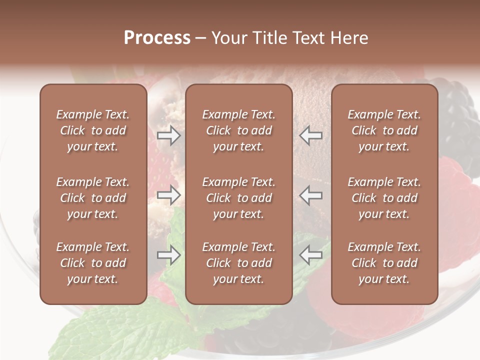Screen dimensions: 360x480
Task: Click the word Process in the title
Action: (157, 38)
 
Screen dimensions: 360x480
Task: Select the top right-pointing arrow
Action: (169, 135)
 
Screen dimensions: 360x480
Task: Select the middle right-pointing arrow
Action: (169, 195)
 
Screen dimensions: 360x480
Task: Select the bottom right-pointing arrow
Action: (169, 255)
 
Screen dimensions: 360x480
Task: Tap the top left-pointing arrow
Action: (311, 135)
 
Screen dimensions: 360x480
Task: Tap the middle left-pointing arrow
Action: (311, 195)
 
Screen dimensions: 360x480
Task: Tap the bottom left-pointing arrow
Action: (311, 255)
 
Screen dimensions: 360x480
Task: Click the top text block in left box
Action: (93, 130)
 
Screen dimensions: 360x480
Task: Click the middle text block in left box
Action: (93, 198)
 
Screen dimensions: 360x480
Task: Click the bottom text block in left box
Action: (93, 263)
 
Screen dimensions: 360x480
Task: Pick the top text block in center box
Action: (238, 130)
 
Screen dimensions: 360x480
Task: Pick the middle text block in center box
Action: (238, 198)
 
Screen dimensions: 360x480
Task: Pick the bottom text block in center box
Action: (238, 263)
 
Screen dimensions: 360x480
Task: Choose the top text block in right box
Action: (384, 130)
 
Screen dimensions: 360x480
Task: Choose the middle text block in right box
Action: (384, 198)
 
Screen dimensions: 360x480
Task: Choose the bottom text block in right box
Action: (384, 263)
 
